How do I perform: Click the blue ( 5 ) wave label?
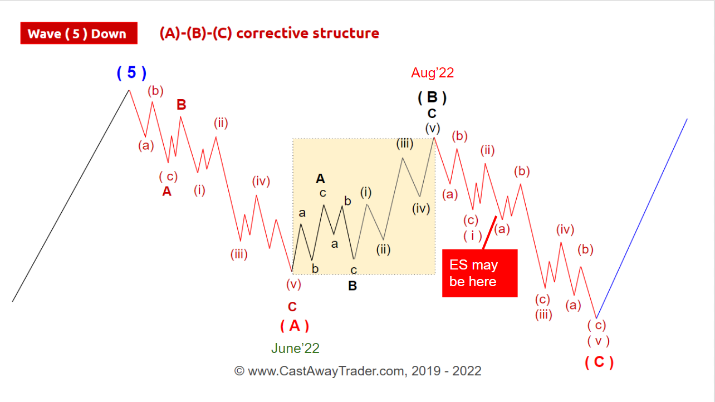[x=131, y=73]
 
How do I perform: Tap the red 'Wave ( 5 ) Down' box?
[x=79, y=33]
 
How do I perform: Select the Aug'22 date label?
[x=432, y=73]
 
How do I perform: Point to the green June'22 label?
[x=295, y=348]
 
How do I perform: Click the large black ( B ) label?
[x=432, y=97]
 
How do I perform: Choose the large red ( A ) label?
[x=295, y=326]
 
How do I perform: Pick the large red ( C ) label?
[x=599, y=362]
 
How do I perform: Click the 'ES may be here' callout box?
[x=480, y=273]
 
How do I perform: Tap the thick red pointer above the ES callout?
[x=489, y=232]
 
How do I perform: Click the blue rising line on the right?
[x=641, y=219]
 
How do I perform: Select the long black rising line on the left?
[x=71, y=196]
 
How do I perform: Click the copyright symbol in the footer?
[x=239, y=371]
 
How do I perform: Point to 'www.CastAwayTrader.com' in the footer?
[x=327, y=371]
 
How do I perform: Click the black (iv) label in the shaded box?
[x=421, y=209]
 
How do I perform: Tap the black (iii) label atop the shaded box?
[x=405, y=144]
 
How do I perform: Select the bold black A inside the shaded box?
[x=321, y=179]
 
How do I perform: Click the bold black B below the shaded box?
[x=352, y=286]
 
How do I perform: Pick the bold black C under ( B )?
[x=432, y=114]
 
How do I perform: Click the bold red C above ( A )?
[x=292, y=307]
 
